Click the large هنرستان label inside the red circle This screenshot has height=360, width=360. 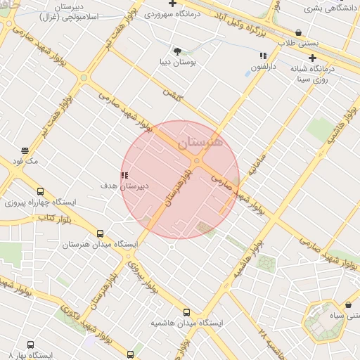point(200,142)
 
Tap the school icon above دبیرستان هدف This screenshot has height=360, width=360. point(124,175)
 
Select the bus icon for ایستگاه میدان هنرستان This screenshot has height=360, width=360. point(100,233)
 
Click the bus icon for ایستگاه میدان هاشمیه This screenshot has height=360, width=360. point(186,312)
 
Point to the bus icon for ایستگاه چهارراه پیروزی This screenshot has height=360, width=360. point(39,191)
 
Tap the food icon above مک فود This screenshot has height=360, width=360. point(25,150)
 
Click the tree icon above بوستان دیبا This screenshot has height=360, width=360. point(176,51)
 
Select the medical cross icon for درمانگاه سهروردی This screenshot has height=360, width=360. point(172,4)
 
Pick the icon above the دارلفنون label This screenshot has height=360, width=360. point(263,55)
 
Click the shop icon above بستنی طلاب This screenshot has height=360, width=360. point(299,32)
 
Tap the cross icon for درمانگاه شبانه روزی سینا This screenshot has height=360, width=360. point(313,58)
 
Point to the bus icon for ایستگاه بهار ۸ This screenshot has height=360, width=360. point(30,345)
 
